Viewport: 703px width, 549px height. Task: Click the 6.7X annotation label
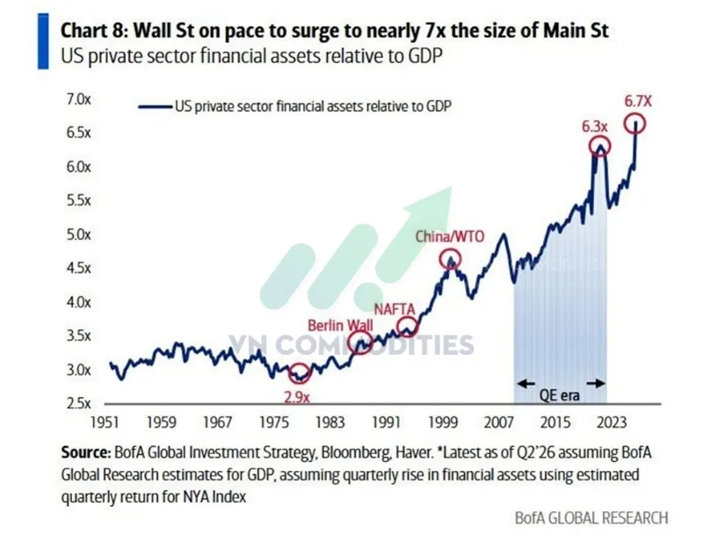point(638,101)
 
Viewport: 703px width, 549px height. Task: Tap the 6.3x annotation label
point(595,126)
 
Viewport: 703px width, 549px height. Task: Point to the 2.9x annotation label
point(297,397)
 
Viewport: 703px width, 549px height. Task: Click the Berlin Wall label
point(340,325)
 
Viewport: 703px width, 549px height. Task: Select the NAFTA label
point(395,309)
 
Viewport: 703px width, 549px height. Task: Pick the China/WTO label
point(450,236)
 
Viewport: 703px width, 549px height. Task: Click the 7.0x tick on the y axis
point(79,99)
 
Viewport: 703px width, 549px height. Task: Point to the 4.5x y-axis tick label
point(79,268)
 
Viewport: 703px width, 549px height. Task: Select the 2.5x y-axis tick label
point(79,403)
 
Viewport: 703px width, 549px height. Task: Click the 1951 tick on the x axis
point(105,423)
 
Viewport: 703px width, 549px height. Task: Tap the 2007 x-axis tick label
point(499,423)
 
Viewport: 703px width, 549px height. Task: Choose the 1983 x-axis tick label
point(330,423)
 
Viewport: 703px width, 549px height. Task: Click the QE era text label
point(559,395)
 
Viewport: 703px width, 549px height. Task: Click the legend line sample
point(156,106)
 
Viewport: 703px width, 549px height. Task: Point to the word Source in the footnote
point(85,452)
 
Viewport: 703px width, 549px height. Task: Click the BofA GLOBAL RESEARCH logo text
point(591,518)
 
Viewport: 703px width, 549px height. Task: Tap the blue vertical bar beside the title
point(43,41)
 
